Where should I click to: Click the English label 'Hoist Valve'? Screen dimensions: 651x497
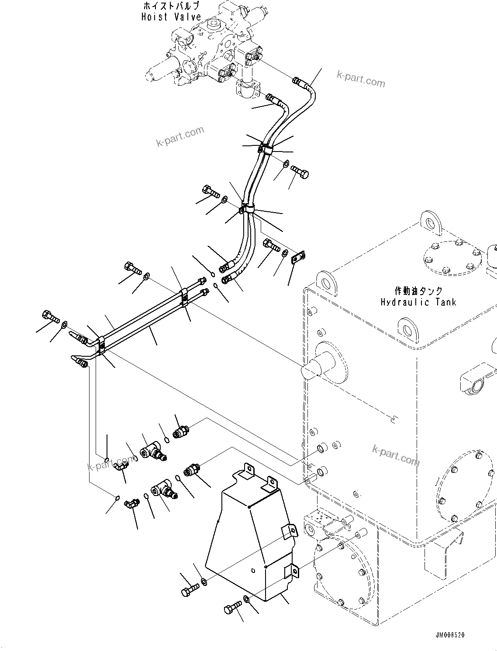point(171,17)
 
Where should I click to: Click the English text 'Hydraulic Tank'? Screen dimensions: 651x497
point(418,302)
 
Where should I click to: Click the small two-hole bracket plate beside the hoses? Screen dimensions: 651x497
point(298,258)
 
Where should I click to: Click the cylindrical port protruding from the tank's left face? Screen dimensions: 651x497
point(318,367)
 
